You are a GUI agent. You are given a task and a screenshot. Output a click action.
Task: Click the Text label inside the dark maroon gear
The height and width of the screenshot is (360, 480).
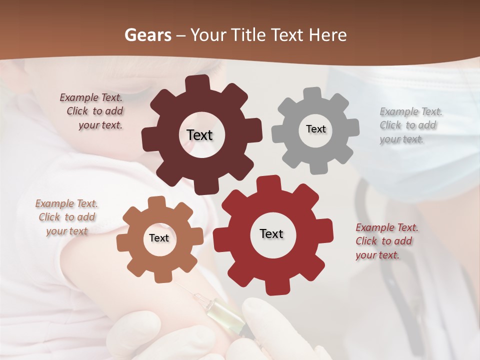tap(199, 135)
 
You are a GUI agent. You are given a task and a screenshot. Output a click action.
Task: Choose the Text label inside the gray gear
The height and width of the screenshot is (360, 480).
tap(315, 129)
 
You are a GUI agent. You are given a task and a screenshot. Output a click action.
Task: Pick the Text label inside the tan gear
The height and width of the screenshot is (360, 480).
tap(159, 238)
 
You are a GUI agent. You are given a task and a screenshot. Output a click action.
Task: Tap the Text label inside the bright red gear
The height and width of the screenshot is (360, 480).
tap(271, 233)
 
